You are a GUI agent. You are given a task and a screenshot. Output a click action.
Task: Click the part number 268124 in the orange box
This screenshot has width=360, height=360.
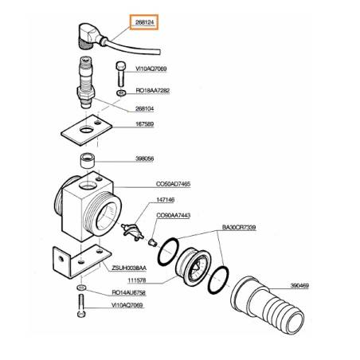[x=144, y=22]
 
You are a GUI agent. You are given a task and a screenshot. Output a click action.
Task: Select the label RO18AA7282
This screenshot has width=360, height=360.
[x=153, y=91]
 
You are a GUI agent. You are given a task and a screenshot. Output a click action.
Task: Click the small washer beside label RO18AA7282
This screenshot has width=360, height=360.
[x=121, y=93]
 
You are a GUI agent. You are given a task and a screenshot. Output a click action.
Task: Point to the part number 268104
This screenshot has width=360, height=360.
[x=144, y=108]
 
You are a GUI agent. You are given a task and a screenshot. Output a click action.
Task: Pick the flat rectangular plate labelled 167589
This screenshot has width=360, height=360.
[x=87, y=130]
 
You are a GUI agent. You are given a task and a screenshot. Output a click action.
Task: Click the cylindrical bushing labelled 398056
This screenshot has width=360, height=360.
[x=88, y=160]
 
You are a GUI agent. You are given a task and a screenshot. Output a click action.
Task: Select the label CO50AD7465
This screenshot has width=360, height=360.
[x=173, y=184]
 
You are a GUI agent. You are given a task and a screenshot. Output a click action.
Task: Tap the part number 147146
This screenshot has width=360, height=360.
[x=166, y=200]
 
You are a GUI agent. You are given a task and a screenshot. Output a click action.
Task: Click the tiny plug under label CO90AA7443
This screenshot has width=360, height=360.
[x=153, y=242]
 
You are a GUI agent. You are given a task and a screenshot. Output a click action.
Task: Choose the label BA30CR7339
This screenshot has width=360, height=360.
[x=239, y=228]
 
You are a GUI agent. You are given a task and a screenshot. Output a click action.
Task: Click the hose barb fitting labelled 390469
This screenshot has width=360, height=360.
[x=268, y=304]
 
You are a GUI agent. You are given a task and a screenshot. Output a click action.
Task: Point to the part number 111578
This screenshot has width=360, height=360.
[x=137, y=280]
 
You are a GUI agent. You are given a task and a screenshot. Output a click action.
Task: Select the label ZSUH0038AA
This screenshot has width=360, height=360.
[x=129, y=268]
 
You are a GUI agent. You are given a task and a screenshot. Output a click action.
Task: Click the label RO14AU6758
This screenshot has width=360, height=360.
[x=129, y=292]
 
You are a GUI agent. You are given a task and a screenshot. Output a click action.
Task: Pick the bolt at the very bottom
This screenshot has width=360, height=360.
[x=81, y=306]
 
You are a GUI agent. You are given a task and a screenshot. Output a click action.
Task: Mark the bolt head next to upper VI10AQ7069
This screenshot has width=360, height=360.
[x=120, y=65]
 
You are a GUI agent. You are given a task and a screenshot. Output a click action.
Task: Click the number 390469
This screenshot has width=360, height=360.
[x=299, y=286]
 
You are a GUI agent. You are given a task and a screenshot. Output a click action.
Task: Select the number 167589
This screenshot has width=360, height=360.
[x=145, y=124]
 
